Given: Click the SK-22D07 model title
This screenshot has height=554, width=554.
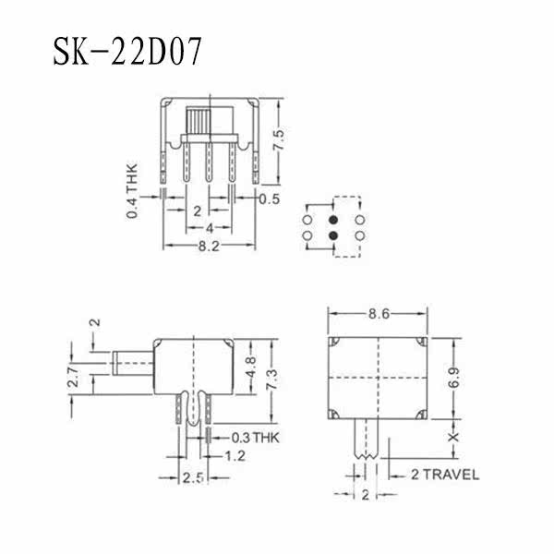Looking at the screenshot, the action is [127, 51].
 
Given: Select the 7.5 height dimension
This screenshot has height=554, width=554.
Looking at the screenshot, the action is [279, 140].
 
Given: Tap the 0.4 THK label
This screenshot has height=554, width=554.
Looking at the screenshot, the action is [132, 191].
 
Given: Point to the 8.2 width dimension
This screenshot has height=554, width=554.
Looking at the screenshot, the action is [209, 246].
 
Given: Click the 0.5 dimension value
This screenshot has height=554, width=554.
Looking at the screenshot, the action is [270, 199].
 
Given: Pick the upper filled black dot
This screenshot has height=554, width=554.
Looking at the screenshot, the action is [333, 220].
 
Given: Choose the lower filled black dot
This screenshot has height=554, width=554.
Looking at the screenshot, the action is [333, 235].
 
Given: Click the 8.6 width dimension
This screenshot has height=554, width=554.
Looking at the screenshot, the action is [379, 313].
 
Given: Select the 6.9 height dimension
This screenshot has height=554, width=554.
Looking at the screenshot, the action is [454, 378].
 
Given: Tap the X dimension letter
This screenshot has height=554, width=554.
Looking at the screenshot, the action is [453, 437].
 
